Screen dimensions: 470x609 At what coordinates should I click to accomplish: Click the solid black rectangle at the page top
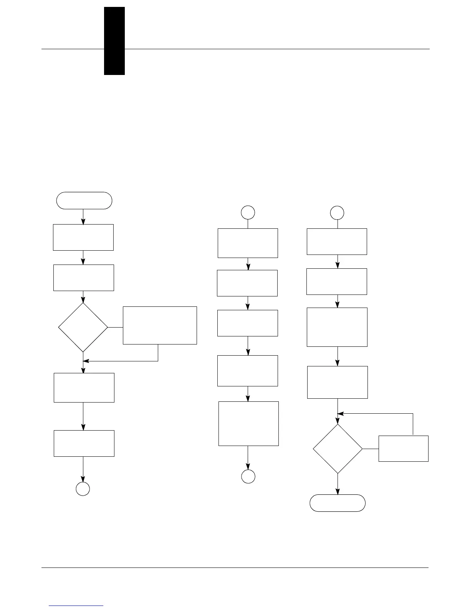pos(114,41)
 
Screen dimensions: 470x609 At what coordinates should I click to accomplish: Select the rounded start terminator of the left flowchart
pos(84,201)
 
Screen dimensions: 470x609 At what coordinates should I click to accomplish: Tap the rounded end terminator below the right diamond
pos(338,503)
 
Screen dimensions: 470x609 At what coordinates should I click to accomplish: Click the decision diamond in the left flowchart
pos(83,327)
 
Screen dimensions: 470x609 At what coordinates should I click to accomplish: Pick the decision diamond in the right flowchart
pos(338,449)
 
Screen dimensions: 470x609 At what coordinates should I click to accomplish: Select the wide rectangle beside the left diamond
pos(160,325)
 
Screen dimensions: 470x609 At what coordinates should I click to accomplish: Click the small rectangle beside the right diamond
pos(403,448)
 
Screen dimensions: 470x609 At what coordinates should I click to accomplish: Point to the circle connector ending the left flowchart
pos(83,489)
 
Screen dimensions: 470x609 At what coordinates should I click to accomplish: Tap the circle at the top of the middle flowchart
pos(248,212)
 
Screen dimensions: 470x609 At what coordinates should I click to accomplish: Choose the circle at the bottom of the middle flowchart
pos(248,476)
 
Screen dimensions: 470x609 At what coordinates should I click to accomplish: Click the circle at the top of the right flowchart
pos(338,212)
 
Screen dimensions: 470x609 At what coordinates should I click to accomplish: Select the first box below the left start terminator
pos(83,237)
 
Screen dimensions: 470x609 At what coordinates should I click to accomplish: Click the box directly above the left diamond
pos(84,278)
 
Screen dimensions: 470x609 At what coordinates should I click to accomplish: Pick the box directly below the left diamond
pos(84,388)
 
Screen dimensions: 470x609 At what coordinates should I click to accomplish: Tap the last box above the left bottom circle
pos(84,443)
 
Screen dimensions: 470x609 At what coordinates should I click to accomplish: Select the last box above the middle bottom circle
pos(248,424)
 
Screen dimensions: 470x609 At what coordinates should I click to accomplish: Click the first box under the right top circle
pos(337,241)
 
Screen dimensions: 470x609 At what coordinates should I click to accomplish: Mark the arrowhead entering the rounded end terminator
pos(338,492)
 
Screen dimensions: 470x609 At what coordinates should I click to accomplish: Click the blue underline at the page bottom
pos(76,606)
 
